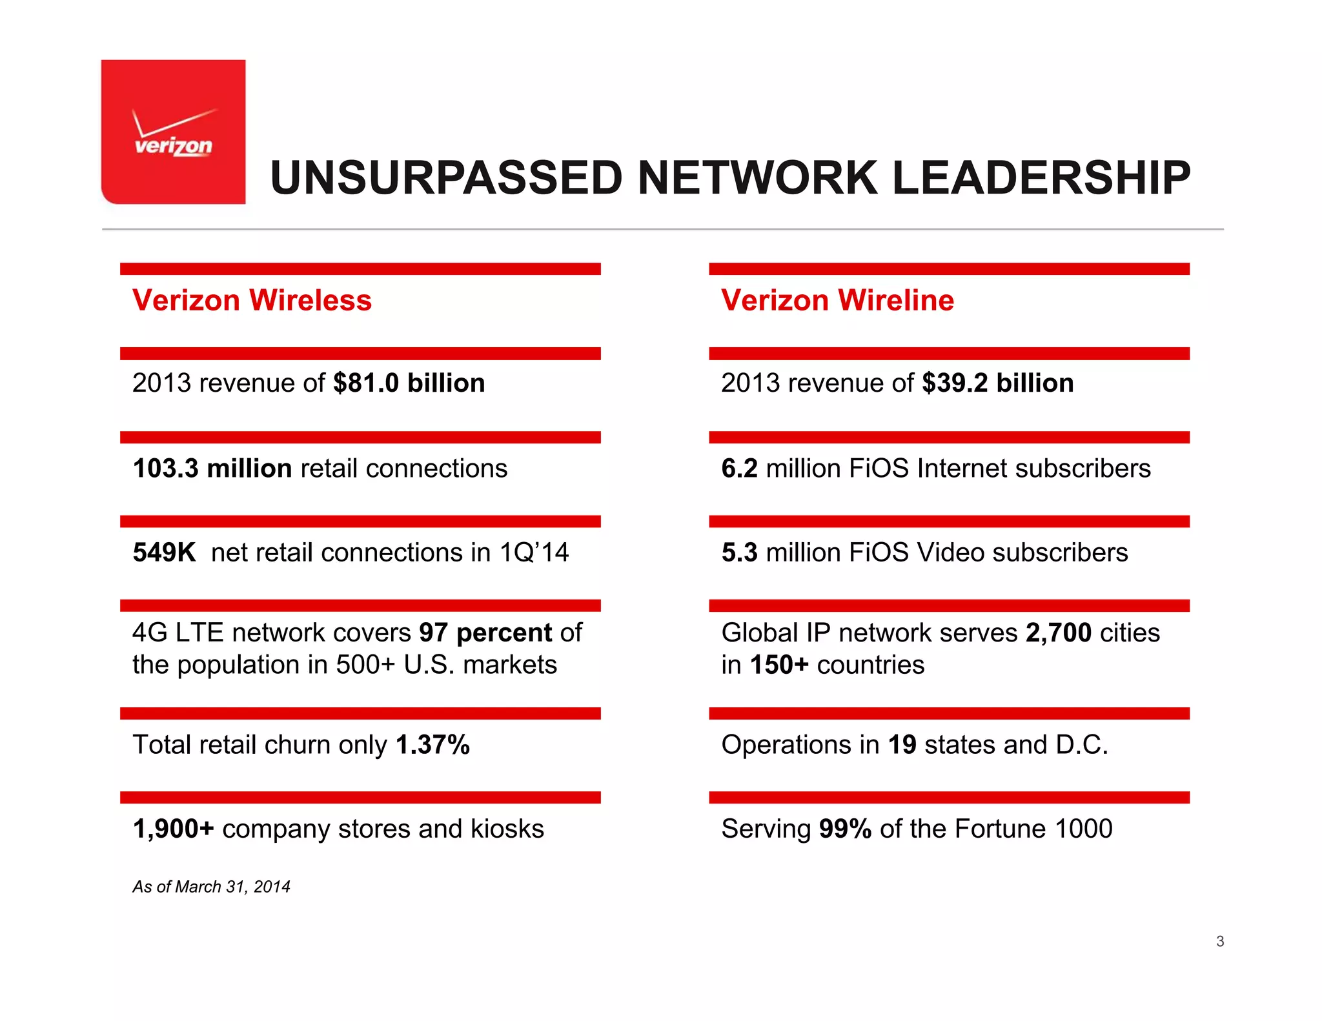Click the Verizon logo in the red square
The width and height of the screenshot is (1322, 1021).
tap(173, 134)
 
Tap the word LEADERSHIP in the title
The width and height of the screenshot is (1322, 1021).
tap(1041, 177)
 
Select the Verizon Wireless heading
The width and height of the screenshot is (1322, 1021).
tap(252, 300)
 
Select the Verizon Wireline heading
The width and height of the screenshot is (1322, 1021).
tap(837, 300)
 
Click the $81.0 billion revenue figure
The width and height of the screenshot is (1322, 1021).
tap(409, 383)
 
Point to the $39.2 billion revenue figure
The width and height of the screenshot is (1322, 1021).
tap(997, 383)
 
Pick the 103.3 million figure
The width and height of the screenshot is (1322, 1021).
tap(212, 468)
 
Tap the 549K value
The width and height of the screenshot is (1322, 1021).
tap(164, 552)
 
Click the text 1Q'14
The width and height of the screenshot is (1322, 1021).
tap(534, 552)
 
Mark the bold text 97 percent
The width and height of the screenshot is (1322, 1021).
tap(485, 632)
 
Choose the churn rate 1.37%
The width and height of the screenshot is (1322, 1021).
tap(432, 745)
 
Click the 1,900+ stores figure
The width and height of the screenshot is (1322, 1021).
tap(173, 829)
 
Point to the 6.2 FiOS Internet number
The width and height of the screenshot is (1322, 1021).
tap(739, 468)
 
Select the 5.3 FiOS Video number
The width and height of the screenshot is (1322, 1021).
tap(739, 552)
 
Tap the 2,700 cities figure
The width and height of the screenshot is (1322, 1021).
tap(1059, 632)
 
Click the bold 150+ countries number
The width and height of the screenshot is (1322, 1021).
tap(779, 665)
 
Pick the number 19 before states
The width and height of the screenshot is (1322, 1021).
tap(902, 745)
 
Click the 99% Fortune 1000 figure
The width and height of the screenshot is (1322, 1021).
tap(845, 829)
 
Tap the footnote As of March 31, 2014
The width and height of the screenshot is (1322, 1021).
tap(211, 887)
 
